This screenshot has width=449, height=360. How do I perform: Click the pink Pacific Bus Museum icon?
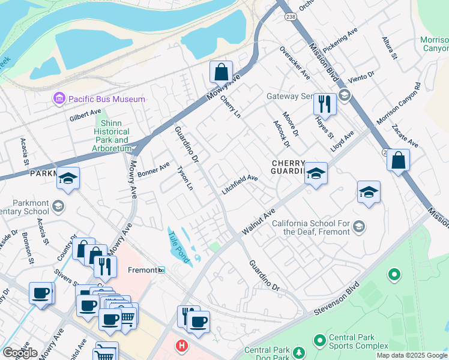pyautogui.click(x=59, y=98)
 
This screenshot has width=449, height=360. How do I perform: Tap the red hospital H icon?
pyautogui.click(x=181, y=346)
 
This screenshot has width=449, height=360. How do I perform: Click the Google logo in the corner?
pyautogui.click(x=19, y=353)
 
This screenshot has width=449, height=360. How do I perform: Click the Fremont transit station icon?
pyautogui.click(x=161, y=271)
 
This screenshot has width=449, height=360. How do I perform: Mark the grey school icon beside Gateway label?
pyautogui.click(x=344, y=95)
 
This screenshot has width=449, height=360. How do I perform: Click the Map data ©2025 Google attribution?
pyautogui.click(x=411, y=355)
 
